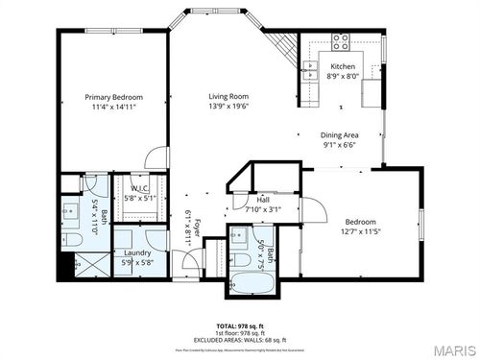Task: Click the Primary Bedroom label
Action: pyautogui.click(x=113, y=97)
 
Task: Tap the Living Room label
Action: pyautogui.click(x=229, y=97)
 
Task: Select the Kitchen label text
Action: pyautogui.click(x=344, y=66)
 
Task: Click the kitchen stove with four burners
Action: pyautogui.click(x=340, y=41)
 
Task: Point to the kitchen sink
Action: pyautogui.click(x=310, y=68)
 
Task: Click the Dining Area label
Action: pyautogui.click(x=339, y=135)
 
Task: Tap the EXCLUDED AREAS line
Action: pyautogui.click(x=240, y=340)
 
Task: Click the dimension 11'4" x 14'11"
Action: pyautogui.click(x=113, y=108)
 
